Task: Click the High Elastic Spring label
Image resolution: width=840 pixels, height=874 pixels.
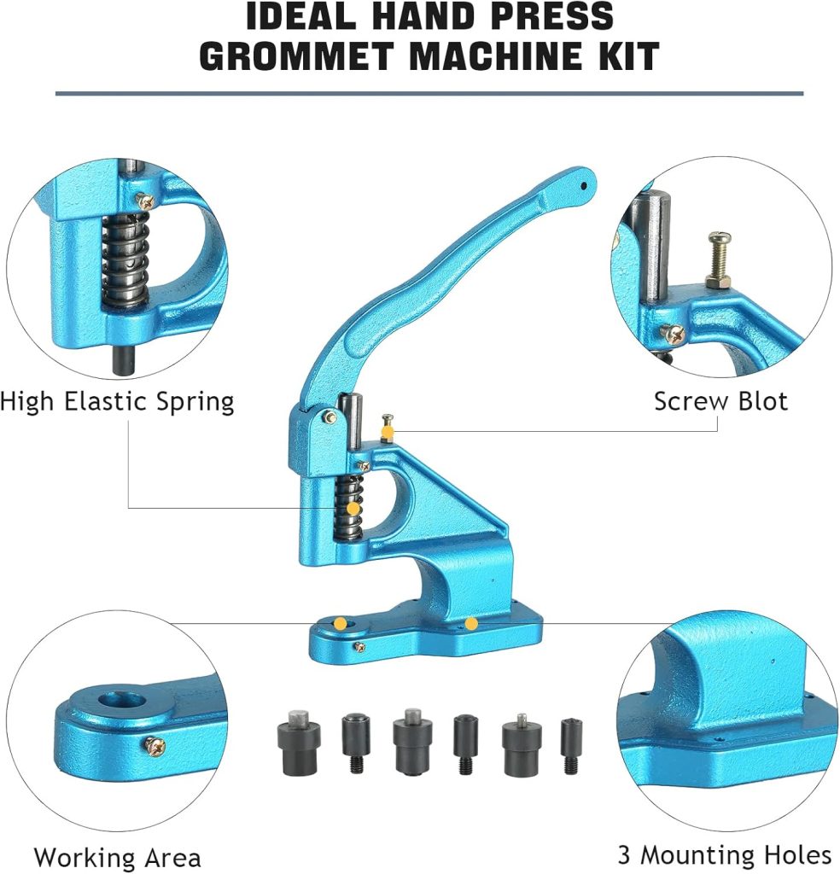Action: pyautogui.click(x=117, y=400)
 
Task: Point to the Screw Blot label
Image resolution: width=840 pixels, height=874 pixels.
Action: pyautogui.click(x=720, y=400)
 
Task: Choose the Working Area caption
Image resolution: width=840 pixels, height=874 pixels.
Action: pyautogui.click(x=117, y=857)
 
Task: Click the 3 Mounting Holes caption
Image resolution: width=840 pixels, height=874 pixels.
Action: pyautogui.click(x=724, y=854)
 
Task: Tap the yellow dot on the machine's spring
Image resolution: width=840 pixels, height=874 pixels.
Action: pyautogui.click(x=353, y=510)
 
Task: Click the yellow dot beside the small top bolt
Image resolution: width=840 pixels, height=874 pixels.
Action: pyautogui.click(x=387, y=434)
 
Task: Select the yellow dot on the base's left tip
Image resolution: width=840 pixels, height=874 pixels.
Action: pyautogui.click(x=340, y=623)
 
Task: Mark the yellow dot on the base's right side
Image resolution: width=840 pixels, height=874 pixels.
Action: pyautogui.click(x=471, y=624)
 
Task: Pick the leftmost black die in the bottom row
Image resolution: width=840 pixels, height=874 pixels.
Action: pyautogui.click(x=297, y=744)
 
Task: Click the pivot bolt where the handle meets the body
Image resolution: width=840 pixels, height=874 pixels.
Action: pyautogui.click(x=328, y=416)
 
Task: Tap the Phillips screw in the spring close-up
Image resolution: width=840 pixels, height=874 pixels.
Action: pyautogui.click(x=145, y=201)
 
